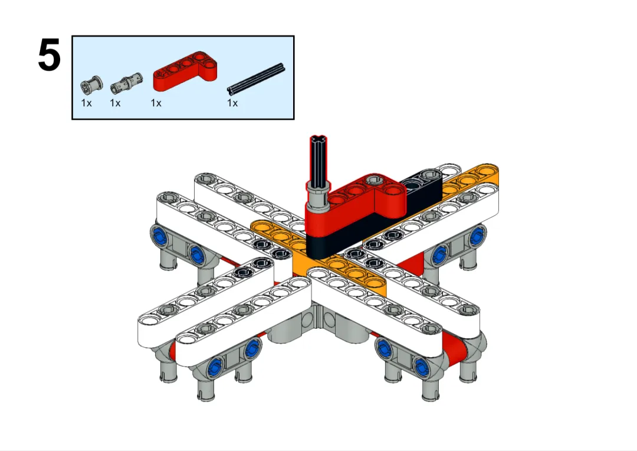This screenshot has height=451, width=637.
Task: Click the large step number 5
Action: [49, 55]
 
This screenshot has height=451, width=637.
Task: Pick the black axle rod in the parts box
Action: [255, 78]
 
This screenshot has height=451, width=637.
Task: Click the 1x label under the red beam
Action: [156, 103]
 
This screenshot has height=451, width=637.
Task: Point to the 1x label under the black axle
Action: [232, 103]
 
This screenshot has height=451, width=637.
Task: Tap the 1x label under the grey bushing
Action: [86, 103]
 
